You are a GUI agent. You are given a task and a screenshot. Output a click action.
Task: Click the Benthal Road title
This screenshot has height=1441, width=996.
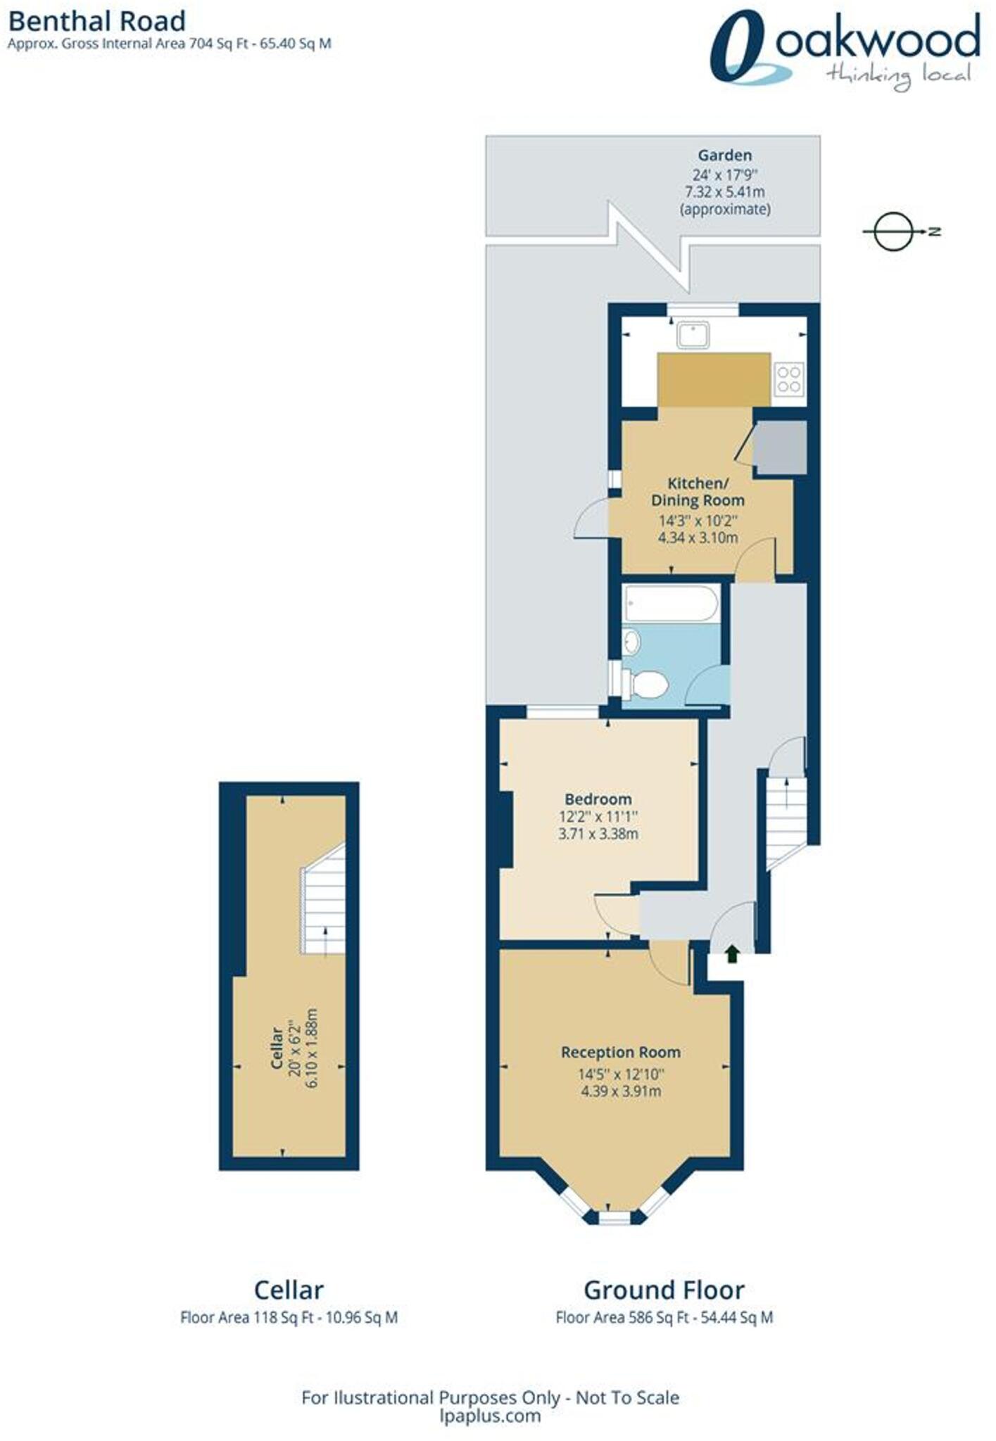96,21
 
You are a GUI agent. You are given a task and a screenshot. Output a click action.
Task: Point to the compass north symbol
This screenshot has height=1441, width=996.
894,231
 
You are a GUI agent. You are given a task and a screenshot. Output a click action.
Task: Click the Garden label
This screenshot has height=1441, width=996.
724,155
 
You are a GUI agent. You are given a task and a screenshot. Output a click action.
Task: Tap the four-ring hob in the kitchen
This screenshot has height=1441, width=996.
789,378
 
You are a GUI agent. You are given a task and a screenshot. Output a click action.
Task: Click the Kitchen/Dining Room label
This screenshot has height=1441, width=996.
697,492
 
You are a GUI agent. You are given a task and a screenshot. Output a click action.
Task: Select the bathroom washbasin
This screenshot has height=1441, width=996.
631,641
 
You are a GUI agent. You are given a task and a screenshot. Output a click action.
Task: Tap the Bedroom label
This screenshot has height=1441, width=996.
598,799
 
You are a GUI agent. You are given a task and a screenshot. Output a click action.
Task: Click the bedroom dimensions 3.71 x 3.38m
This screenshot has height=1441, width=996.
598,834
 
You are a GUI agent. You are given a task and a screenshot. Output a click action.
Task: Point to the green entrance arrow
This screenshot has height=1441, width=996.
732,954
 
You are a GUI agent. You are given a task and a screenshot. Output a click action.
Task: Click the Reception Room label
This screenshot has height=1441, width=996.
620,1053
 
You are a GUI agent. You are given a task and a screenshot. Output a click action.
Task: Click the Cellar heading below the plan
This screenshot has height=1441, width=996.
289,1290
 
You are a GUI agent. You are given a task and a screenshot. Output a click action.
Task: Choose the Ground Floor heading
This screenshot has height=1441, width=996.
664,1290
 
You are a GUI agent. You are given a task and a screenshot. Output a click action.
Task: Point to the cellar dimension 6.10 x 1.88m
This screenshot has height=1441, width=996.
312,1048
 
